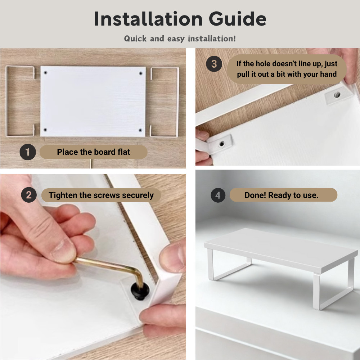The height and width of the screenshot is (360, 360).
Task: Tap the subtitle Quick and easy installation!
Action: coord(180,39)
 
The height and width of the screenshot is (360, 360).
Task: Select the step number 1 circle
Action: coord(27,152)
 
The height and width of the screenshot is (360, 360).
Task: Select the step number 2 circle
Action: coord(29,195)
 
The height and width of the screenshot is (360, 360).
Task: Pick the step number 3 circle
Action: coord(214,64)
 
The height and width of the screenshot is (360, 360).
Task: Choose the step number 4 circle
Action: coord(218,195)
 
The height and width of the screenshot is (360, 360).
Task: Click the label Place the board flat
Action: coord(94,152)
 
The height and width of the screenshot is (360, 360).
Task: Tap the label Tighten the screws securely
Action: coord(101,195)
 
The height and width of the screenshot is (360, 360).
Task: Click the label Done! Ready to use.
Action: coord(282,195)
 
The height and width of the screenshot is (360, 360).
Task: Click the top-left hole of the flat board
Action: coord(45,73)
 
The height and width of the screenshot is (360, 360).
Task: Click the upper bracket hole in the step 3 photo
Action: coord(337,95)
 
